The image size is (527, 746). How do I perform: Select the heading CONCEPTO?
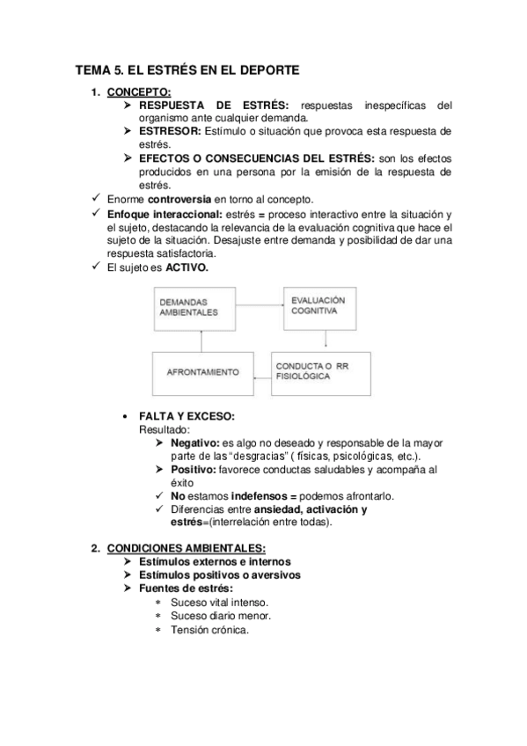[x=139, y=91]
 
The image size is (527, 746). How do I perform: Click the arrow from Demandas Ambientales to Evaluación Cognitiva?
[x=260, y=305]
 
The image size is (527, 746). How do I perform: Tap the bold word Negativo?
[x=194, y=442]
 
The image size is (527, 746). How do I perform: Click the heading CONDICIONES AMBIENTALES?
[x=172, y=549]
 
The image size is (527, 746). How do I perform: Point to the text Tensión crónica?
[x=209, y=630]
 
